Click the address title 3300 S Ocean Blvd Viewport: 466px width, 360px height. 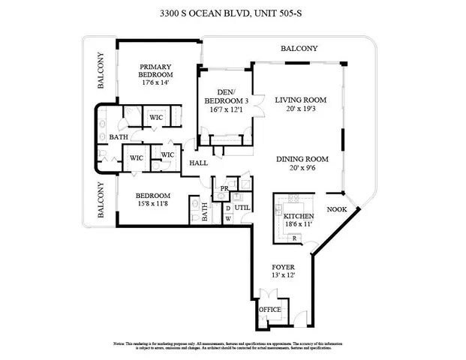[233, 13]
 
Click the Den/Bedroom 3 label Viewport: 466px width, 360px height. [225, 96]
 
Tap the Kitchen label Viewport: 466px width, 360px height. [298, 216]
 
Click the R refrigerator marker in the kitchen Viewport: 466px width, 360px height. [294, 238]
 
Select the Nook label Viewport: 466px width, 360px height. [336, 210]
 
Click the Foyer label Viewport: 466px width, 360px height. [283, 267]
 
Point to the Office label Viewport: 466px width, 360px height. [270, 309]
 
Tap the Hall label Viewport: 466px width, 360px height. [198, 163]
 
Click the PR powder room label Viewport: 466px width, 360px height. [224, 188]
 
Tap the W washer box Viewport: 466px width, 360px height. [228, 218]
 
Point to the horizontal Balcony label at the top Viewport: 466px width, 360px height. [299, 49]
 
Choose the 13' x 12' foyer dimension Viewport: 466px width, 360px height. [283, 276]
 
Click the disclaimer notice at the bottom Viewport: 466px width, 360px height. [233, 345]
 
